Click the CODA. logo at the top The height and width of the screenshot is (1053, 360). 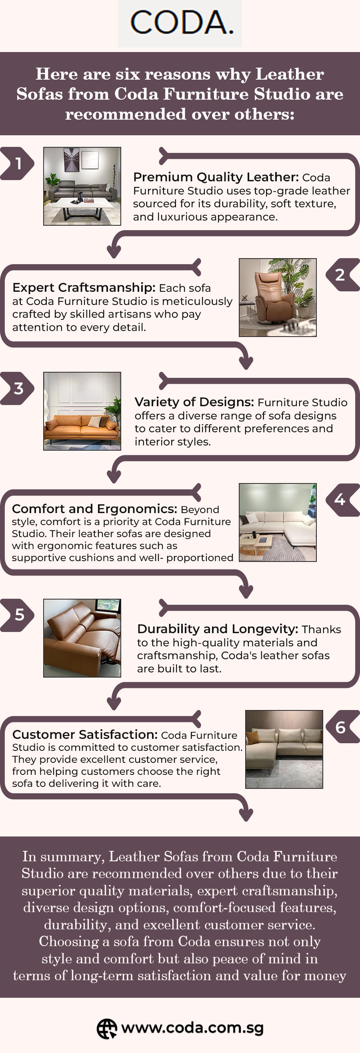(180, 23)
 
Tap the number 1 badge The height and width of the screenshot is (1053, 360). (17, 164)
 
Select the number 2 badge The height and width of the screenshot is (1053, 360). (342, 275)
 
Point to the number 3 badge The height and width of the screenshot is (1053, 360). (17, 388)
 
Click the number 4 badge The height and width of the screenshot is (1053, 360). (342, 500)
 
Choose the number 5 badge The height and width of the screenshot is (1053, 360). (17, 615)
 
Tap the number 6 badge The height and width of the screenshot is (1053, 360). (342, 726)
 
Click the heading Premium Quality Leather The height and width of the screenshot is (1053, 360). (216, 177)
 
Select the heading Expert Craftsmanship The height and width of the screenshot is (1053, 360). (84, 287)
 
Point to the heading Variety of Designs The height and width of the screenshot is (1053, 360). (194, 402)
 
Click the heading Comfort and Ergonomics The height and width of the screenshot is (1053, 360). (94, 509)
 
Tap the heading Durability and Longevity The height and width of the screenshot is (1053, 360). (218, 629)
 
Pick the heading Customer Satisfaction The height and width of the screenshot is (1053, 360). (85, 734)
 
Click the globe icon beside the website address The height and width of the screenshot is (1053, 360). (107, 1029)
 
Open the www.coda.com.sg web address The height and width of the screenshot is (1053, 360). (192, 1028)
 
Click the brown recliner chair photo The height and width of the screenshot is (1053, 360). (278, 298)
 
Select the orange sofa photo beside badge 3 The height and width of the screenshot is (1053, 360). (82, 411)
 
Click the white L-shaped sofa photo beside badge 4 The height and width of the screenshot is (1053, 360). (278, 522)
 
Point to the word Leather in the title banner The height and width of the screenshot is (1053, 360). (290, 74)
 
